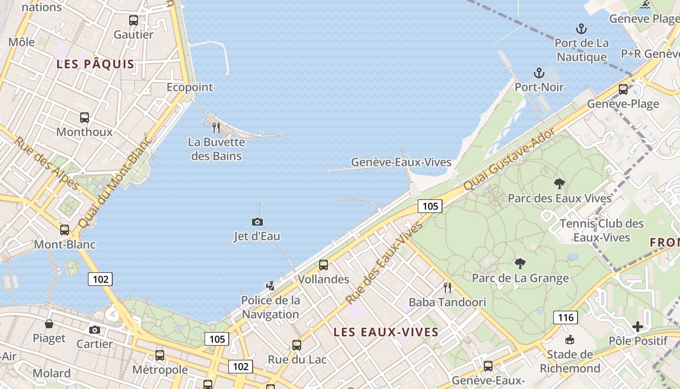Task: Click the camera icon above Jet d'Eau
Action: (257, 222)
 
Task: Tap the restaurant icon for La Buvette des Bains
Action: (216, 128)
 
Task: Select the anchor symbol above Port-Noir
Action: (539, 73)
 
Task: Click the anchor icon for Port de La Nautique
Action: (581, 29)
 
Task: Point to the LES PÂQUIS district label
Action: (95, 64)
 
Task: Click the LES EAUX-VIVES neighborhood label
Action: (386, 332)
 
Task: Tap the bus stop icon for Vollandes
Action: (323, 265)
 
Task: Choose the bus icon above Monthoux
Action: (85, 118)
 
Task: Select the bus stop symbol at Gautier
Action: (134, 20)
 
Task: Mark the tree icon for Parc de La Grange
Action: (520, 264)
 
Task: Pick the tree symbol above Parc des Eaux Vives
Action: (560, 184)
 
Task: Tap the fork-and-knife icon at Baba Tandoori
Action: (447, 287)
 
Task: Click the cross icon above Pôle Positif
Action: (638, 327)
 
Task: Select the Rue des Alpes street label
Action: (47, 163)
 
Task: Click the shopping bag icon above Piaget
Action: (49, 324)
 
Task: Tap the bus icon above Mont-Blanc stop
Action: (65, 230)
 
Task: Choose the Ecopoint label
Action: (190, 87)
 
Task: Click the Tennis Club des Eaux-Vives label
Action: (602, 230)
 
